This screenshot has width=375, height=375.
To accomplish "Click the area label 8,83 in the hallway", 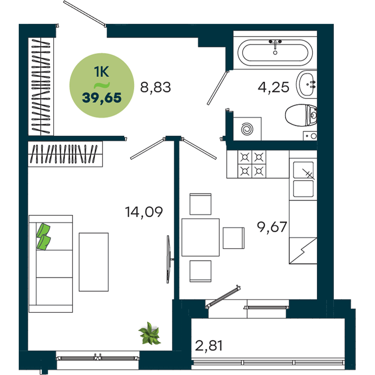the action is (156, 87).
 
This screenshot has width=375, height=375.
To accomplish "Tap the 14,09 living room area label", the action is (144, 212).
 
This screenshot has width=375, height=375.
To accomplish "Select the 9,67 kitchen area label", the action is (272, 227).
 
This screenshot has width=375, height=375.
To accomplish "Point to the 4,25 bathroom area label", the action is (273, 87).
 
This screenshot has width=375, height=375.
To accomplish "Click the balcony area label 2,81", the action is (209, 346).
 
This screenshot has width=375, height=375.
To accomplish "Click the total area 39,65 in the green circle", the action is (102, 98).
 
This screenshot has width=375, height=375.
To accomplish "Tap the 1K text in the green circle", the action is (101, 72).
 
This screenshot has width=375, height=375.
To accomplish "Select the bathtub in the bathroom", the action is (275, 52).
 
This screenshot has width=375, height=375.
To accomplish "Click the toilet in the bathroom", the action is (301, 115).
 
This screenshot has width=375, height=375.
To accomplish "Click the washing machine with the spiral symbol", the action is (247, 129).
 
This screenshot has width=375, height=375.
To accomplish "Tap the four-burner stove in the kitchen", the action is (252, 164).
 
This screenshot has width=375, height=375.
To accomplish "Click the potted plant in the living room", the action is (150, 333).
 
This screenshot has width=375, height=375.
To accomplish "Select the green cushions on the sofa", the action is (43, 237).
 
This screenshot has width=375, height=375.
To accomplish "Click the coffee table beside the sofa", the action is (94, 262).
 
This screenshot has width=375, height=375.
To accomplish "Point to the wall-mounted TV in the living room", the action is (169, 259).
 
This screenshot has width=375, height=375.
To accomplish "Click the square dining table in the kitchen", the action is (200, 237).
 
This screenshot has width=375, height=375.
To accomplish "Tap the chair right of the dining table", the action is (234, 238).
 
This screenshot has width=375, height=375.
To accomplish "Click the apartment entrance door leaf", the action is (84, 13).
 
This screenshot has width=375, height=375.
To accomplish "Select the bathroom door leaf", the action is (217, 88).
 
